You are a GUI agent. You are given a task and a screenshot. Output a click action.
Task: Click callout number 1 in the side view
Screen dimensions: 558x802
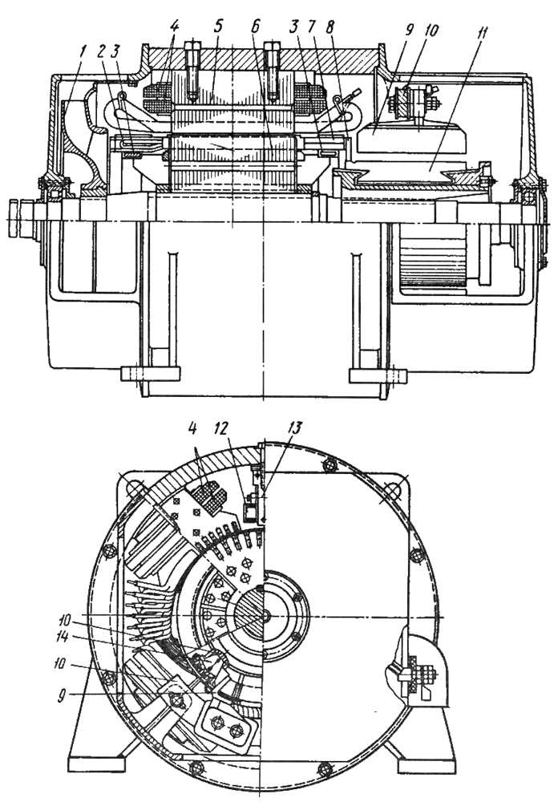coord(84,52)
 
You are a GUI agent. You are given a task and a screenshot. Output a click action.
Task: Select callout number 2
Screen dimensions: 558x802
coord(101,51)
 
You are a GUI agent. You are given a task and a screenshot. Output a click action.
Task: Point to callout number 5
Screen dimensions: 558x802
coord(219,26)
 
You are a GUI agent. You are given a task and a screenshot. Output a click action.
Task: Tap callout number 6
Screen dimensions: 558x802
coord(256,26)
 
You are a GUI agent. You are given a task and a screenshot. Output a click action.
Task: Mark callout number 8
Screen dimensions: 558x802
coord(330,26)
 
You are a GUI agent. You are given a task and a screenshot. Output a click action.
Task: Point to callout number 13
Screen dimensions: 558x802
coord(295,428)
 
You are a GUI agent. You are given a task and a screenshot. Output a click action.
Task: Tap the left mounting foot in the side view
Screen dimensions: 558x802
coord(151,374)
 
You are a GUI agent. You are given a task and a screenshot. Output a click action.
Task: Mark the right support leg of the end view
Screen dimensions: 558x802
coord(427,736)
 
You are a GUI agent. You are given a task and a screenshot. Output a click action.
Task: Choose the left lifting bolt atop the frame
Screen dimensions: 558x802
coord(193,69)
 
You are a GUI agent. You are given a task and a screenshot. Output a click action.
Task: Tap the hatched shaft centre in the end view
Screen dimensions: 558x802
coord(252,613)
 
